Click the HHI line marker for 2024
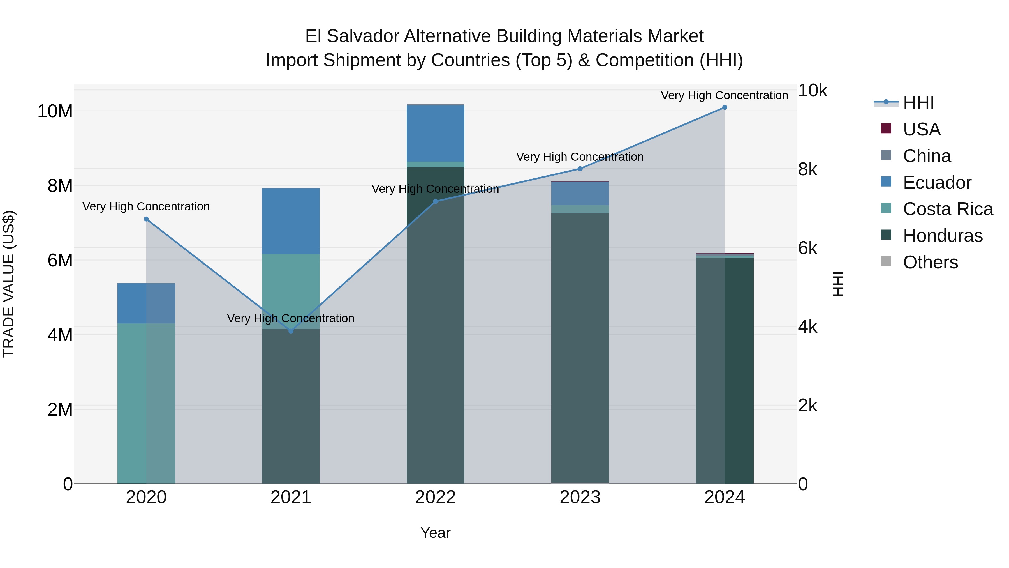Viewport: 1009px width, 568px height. (x=724, y=107)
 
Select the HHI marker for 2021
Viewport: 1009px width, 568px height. (x=291, y=331)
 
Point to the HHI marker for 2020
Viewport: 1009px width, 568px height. (x=146, y=219)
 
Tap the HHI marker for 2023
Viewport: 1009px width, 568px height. (x=580, y=169)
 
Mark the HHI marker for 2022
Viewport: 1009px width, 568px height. (x=435, y=201)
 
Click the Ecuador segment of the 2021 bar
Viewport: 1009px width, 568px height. (x=291, y=221)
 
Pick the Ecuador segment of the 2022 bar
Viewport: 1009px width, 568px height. (x=435, y=133)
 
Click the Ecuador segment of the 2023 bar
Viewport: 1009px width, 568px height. (x=580, y=194)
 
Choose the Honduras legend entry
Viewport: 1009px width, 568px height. (x=942, y=236)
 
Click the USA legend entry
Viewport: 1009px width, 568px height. (x=921, y=129)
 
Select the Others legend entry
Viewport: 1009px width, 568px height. (x=930, y=262)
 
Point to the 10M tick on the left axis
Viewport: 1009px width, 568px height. (x=55, y=111)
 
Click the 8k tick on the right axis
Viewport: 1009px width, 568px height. (x=808, y=169)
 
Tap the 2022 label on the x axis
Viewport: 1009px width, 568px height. (x=435, y=497)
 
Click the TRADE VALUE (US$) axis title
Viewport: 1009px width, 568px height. (x=9, y=284)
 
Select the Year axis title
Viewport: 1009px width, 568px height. (x=435, y=533)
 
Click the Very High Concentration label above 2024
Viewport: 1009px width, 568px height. (x=724, y=95)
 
